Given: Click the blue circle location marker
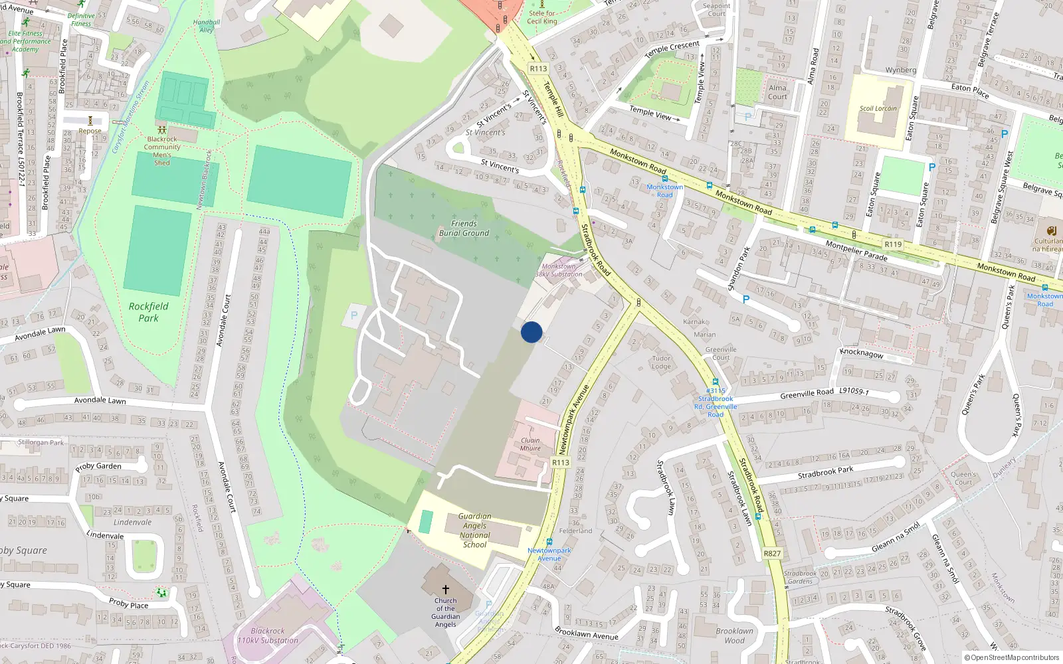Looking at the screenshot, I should tap(531, 332).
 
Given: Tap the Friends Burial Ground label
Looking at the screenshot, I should tap(464, 228).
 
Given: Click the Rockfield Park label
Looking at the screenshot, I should tap(149, 312).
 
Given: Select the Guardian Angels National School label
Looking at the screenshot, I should tap(474, 531).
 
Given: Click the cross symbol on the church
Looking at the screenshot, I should tap(446, 589).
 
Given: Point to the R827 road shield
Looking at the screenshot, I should tap(772, 553).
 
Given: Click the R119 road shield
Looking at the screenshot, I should tap(893, 244).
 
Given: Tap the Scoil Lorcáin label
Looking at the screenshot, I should tap(878, 108).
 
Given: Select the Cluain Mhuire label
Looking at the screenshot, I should tap(530, 444).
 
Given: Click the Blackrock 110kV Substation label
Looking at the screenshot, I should tap(268, 635).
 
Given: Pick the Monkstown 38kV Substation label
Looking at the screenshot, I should tap(559, 270).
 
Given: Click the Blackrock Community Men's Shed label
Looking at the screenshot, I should tap(162, 151).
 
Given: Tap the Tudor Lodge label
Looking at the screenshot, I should tap(661, 362).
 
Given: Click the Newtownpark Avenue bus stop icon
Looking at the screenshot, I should tap(549, 542).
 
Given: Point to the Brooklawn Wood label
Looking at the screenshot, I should tap(734, 635).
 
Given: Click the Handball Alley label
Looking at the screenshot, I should tap(207, 26).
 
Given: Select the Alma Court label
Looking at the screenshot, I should tap(777, 92).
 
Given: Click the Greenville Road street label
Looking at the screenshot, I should tap(807, 393).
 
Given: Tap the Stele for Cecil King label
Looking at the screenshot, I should tap(542, 17).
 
